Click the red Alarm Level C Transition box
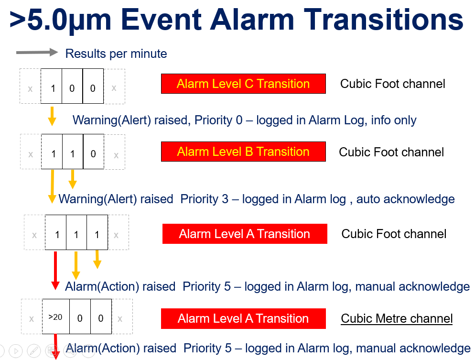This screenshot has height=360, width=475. coord(243,84)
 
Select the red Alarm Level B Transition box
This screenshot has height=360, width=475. coord(243,152)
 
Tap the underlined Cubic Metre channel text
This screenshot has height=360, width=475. coord(397,319)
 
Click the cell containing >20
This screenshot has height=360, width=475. coord(56,316)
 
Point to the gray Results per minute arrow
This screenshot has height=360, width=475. coord(37,53)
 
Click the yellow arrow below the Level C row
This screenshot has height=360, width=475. coord(52,116)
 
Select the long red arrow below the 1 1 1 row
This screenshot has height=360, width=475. coord(55,271)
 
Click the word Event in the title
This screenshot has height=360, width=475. coord(161,20)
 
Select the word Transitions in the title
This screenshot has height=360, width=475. coord(383,20)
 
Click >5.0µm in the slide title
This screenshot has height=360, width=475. coord(60,21)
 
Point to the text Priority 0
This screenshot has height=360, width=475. coord(218,120)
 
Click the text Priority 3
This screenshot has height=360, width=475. coord(204,199)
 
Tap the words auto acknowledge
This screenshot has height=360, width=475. coord(405,199)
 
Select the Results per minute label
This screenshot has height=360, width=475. coord(116,54)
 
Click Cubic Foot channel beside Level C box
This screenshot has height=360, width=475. coord(393,84)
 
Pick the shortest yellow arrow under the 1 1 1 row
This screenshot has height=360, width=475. coord(97,260)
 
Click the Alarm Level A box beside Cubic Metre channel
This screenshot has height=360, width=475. coord(243,318)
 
